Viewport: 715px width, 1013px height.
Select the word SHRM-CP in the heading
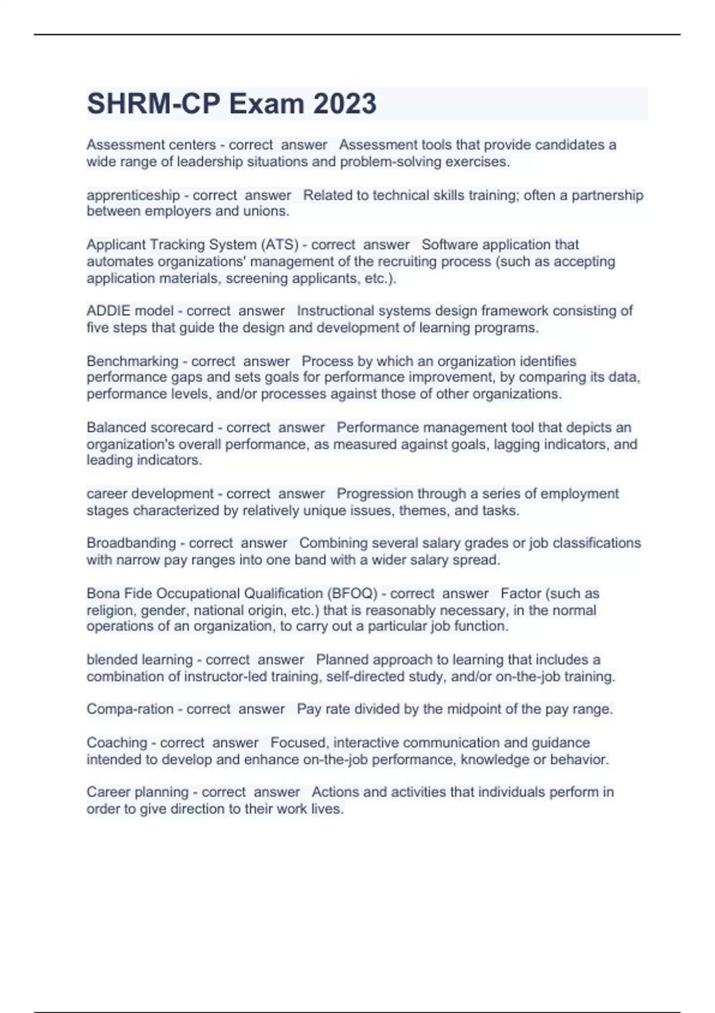154,104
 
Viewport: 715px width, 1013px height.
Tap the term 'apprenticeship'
133,195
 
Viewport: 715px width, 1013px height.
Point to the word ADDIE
109,311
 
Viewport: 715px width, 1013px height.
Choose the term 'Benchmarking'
132,361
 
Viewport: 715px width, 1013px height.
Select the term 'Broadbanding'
132,543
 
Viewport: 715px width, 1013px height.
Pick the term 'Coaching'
117,742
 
